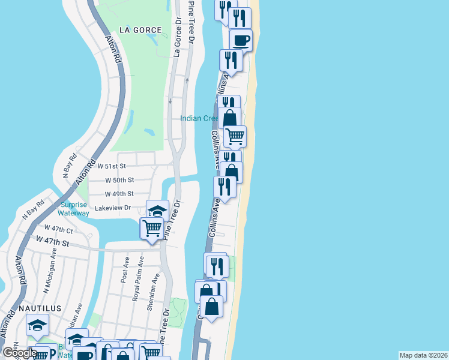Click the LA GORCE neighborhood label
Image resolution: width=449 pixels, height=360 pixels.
click(140, 29)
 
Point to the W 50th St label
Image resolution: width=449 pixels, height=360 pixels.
click(119, 180)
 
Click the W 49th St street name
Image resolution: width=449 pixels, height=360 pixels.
click(119, 194)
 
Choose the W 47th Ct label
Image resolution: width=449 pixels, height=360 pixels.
click(58, 229)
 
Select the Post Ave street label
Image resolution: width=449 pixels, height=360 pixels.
click(125, 271)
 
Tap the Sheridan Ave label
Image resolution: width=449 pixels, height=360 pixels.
click(154, 292)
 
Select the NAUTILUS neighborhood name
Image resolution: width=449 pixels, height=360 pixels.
click(40, 308)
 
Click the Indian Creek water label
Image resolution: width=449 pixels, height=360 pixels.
click(199, 118)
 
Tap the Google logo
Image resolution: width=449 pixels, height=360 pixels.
click(19, 353)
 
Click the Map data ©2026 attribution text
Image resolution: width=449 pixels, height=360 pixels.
click(423, 355)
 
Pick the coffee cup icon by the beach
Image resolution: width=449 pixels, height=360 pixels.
click(241, 41)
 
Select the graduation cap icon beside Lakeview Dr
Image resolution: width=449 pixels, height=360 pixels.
click(158, 211)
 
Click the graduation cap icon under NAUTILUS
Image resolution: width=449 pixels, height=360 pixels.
click(37, 325)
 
